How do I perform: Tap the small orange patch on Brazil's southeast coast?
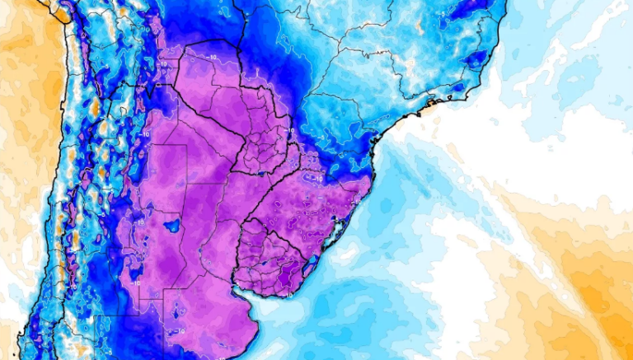click(x=429, y=105)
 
